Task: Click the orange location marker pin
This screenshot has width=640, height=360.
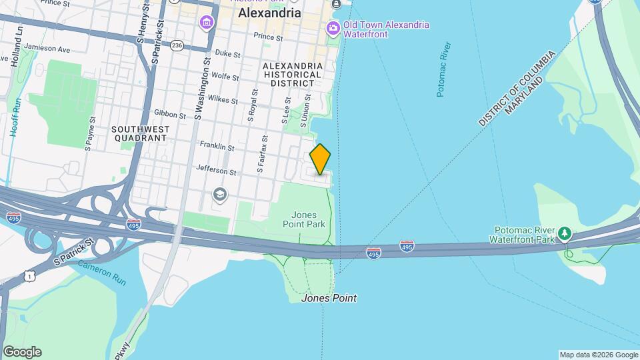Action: pos(321,159)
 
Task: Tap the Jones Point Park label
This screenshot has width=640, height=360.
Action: pos(309,219)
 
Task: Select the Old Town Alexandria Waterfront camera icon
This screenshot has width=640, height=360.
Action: pos(332,29)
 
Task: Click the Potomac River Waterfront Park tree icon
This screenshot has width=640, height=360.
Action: pos(565,233)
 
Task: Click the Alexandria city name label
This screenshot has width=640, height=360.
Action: pos(269,13)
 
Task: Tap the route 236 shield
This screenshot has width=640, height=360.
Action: pos(177,45)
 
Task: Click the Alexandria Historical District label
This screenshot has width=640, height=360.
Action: pos(293,75)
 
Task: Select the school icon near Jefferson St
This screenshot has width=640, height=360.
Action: pos(219,194)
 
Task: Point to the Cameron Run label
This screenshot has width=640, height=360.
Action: pos(101,272)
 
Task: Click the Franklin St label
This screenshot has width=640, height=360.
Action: pos(217,146)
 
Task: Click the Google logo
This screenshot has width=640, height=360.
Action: pos(22,352)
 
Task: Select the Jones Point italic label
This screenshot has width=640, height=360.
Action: pos(329,298)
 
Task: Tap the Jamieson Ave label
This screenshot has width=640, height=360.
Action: pos(47,49)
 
